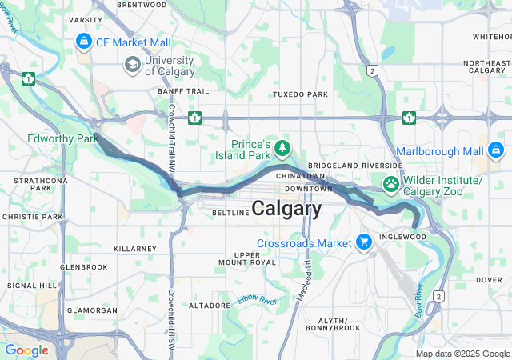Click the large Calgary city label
[286, 209]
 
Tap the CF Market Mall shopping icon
[83, 40]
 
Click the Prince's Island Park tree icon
[282, 146]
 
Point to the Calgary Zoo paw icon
[390, 184]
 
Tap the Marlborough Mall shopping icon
[495, 150]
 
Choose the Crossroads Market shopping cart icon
[364, 241]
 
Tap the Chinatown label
[301, 175]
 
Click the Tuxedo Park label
[300, 94]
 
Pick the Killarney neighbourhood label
[135, 249]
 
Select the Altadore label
[210, 306]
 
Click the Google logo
[26, 350]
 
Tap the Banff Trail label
[183, 91]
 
